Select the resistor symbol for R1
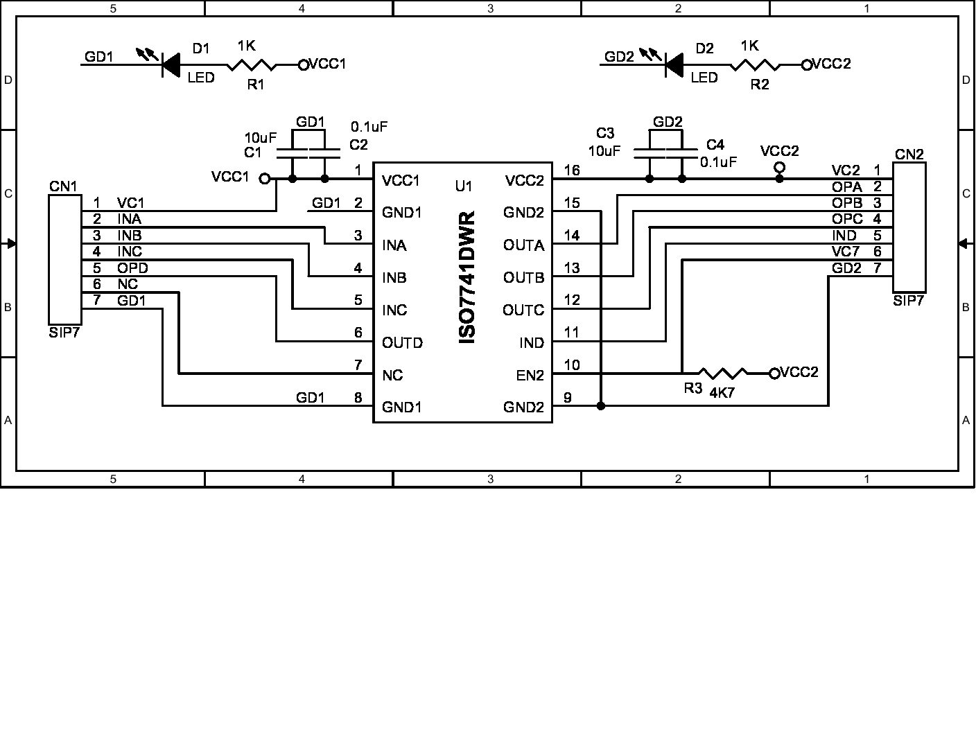tap(252, 65)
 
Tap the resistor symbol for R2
tap(755, 65)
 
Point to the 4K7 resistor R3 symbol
tap(722, 374)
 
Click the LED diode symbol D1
tap(170, 64)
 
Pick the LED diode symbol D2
tap(673, 64)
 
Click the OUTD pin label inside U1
tap(402, 343)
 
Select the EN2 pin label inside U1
tap(530, 376)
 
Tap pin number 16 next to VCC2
tap(572, 170)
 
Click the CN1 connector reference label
tap(63, 186)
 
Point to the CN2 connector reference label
tap(909, 155)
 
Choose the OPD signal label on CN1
tap(132, 268)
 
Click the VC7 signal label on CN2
tap(846, 252)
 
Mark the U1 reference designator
tap(464, 186)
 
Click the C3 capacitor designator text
tap(605, 133)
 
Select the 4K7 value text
tap(722, 392)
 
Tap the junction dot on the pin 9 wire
tap(600, 406)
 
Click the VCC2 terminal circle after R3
tap(774, 374)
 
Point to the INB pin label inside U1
tap(394, 278)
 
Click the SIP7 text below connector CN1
tap(64, 333)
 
